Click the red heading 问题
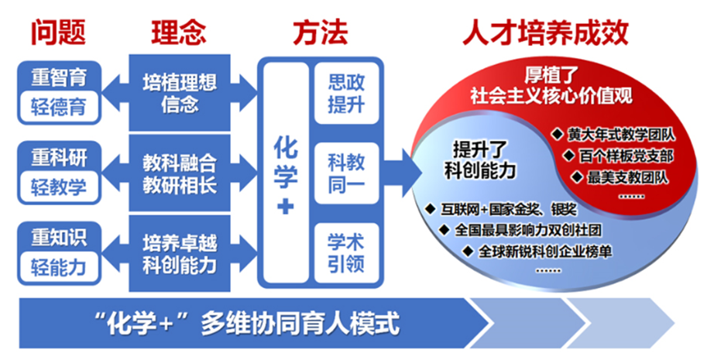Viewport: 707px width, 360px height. (x=58, y=32)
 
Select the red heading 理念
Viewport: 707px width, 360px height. (x=178, y=32)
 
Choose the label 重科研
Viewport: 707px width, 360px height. (x=59, y=159)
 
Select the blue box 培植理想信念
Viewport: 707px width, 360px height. (x=180, y=92)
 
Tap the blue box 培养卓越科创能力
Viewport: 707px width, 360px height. (x=180, y=255)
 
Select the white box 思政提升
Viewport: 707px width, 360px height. (x=346, y=92)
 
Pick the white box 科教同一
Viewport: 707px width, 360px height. (x=346, y=173)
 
